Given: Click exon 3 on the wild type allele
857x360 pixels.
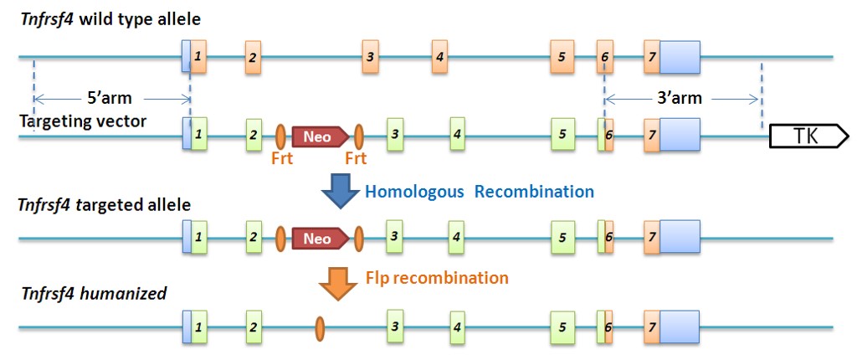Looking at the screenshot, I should [x=371, y=57].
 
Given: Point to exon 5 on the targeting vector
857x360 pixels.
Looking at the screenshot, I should [x=562, y=133].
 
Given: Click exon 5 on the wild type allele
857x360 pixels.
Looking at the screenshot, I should [x=562, y=57].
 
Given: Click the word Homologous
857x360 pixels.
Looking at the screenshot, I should [x=414, y=192].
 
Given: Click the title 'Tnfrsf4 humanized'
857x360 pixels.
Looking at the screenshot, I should [x=93, y=293].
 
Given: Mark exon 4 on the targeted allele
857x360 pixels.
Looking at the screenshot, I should [x=456, y=239].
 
